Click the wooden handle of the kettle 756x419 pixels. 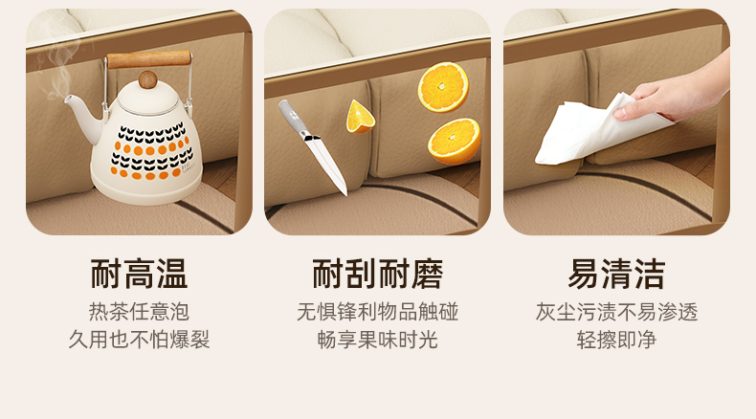148,58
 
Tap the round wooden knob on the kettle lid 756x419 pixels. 147,79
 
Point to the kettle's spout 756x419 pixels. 83,114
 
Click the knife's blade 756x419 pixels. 327,165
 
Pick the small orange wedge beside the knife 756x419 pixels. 359,117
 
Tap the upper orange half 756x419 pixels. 443,87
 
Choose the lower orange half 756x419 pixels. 455,141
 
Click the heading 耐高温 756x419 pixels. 139,274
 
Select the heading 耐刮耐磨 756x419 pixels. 377,274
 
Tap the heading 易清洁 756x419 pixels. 616,274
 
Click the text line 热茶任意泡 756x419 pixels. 139,312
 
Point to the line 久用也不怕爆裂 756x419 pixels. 139,340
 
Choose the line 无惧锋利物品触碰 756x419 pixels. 377,312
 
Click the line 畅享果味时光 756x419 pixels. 377,340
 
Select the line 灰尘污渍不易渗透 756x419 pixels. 616,312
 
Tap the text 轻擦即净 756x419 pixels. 616,340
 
